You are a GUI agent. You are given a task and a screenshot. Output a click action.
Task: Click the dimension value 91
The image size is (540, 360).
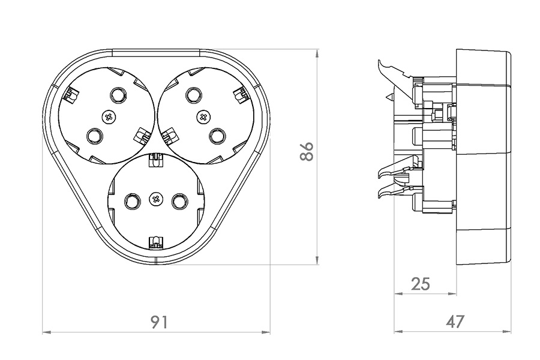(x=158, y=322)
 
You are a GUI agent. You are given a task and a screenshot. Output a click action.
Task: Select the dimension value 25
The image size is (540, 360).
(x=421, y=284)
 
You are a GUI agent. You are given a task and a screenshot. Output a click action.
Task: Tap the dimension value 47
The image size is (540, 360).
(x=455, y=322)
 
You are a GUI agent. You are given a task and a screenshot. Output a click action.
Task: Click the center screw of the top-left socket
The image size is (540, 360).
(x=109, y=116)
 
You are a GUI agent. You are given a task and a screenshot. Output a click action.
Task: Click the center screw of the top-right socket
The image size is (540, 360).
(x=203, y=116)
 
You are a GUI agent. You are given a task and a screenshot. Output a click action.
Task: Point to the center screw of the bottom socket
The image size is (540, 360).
(x=156, y=199)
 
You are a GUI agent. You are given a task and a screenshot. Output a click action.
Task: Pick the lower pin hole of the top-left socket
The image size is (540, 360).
(x=94, y=137)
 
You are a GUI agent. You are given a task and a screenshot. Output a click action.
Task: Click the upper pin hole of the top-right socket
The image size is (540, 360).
(x=193, y=95)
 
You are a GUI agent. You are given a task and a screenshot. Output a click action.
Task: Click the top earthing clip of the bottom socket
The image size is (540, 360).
(x=155, y=160)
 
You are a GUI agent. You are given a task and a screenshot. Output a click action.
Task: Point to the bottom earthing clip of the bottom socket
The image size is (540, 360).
(x=155, y=242)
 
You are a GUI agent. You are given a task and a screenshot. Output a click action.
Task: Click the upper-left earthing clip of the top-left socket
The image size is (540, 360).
(x=72, y=94)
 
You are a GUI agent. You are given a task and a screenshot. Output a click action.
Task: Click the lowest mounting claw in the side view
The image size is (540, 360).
(x=387, y=193)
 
